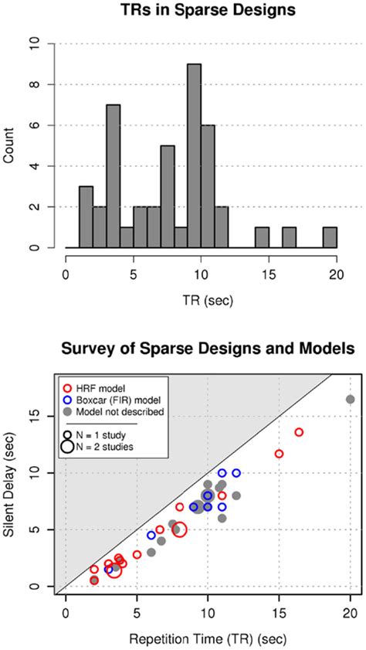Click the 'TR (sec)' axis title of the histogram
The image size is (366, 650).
click(x=201, y=297)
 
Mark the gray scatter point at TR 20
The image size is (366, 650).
click(x=350, y=399)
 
